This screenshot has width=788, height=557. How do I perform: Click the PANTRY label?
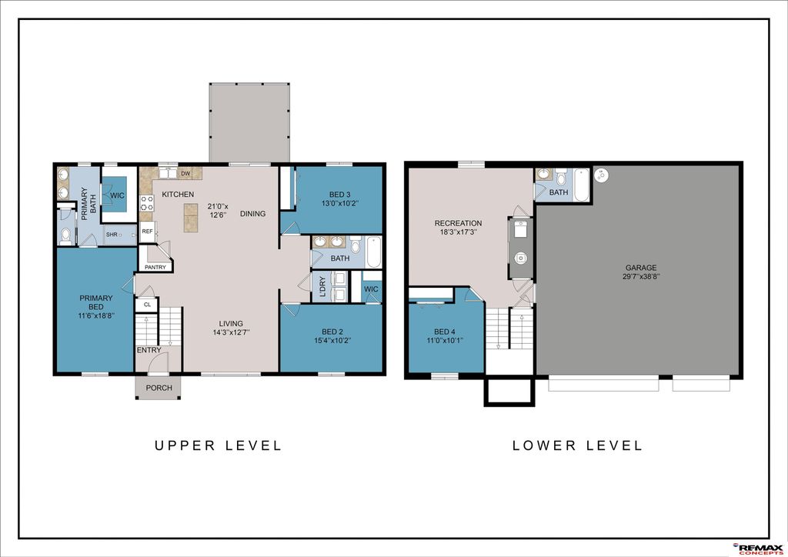coord(154,267)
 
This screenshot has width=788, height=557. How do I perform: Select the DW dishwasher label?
coord(185,173)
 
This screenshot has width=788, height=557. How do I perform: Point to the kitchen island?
coord(189,213)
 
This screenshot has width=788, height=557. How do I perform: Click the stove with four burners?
coord(146,203)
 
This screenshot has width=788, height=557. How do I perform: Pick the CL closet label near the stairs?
coord(146,305)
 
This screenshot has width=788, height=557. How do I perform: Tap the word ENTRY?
coord(149,351)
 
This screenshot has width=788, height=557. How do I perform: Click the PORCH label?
coord(159,388)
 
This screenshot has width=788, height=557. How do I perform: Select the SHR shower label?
coord(112,234)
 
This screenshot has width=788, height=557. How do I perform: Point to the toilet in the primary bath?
coord(65,235)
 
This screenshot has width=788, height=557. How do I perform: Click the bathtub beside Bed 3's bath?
coord(373,251)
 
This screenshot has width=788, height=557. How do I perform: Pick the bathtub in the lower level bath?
coord(581,185)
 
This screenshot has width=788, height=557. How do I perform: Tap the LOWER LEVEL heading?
coord(577,445)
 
